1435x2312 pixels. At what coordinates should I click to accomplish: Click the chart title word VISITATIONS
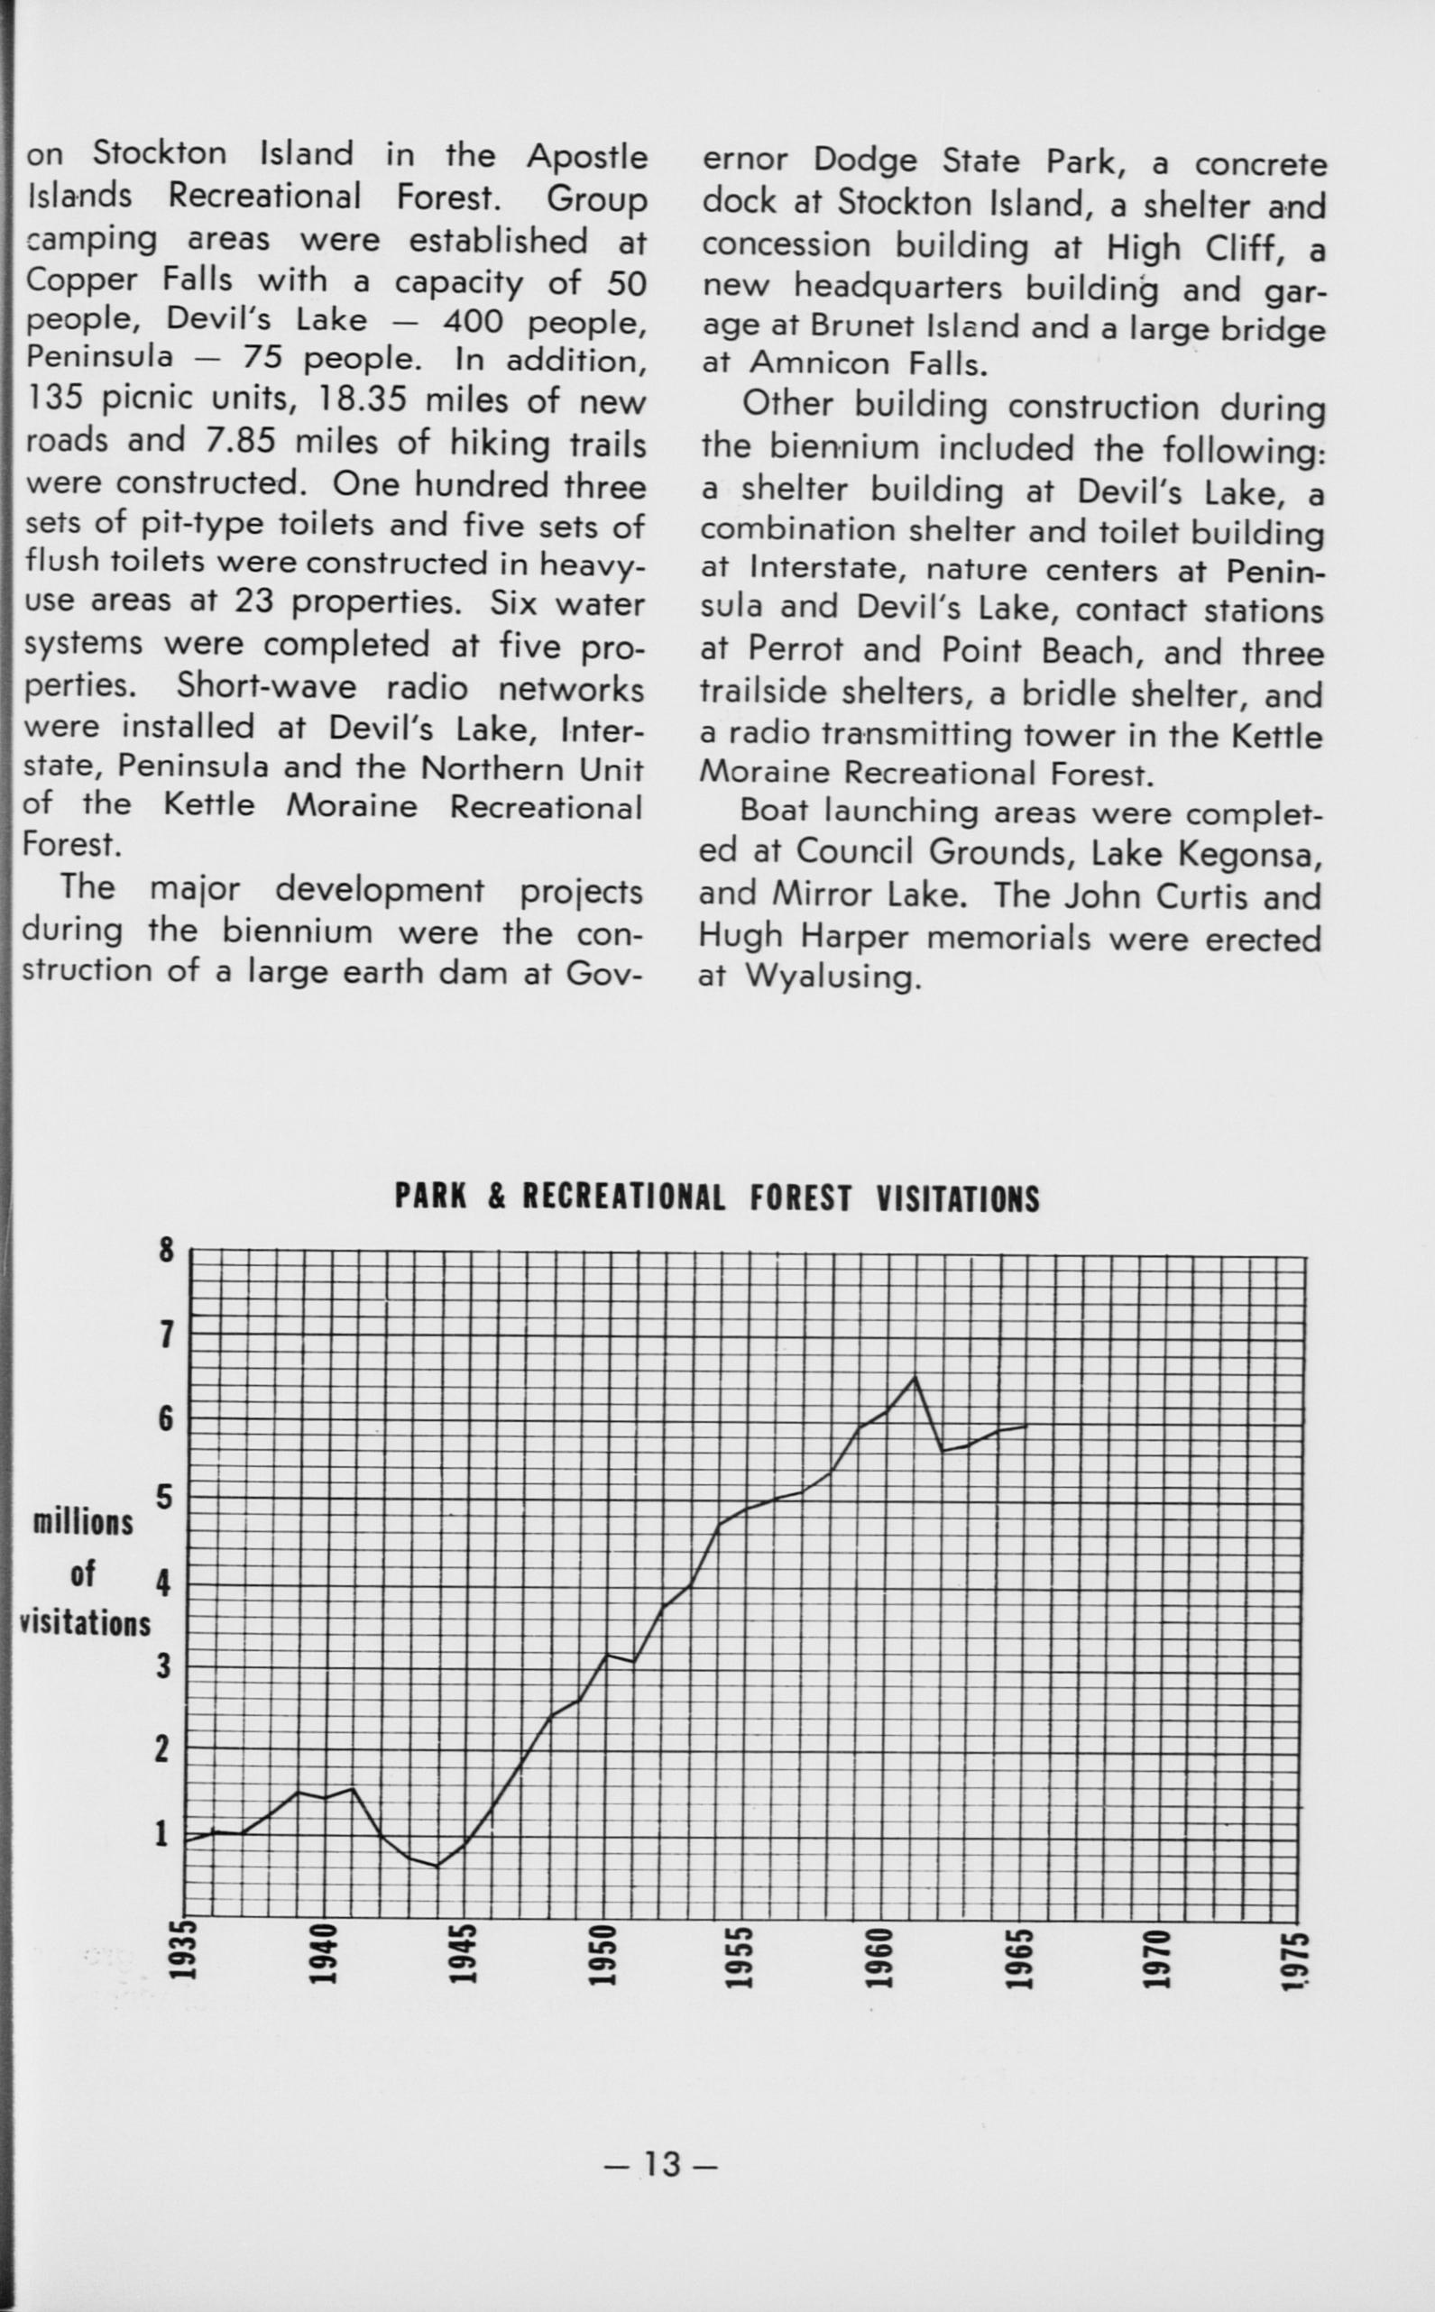click(958, 1199)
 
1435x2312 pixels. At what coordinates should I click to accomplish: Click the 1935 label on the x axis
click(188, 1952)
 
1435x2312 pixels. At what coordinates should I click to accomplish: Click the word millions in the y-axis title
click(84, 1524)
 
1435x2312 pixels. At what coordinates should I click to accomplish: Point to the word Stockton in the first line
click(160, 153)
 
